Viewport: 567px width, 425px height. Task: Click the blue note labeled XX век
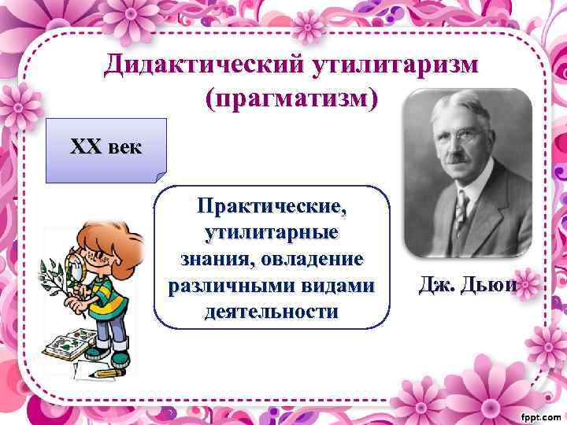pyautogui.click(x=106, y=148)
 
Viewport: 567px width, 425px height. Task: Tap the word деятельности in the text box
pyautogui.click(x=272, y=311)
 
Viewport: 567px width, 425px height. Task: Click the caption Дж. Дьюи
pyautogui.click(x=468, y=285)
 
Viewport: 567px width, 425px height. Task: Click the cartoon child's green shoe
pyautogui.click(x=118, y=358)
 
